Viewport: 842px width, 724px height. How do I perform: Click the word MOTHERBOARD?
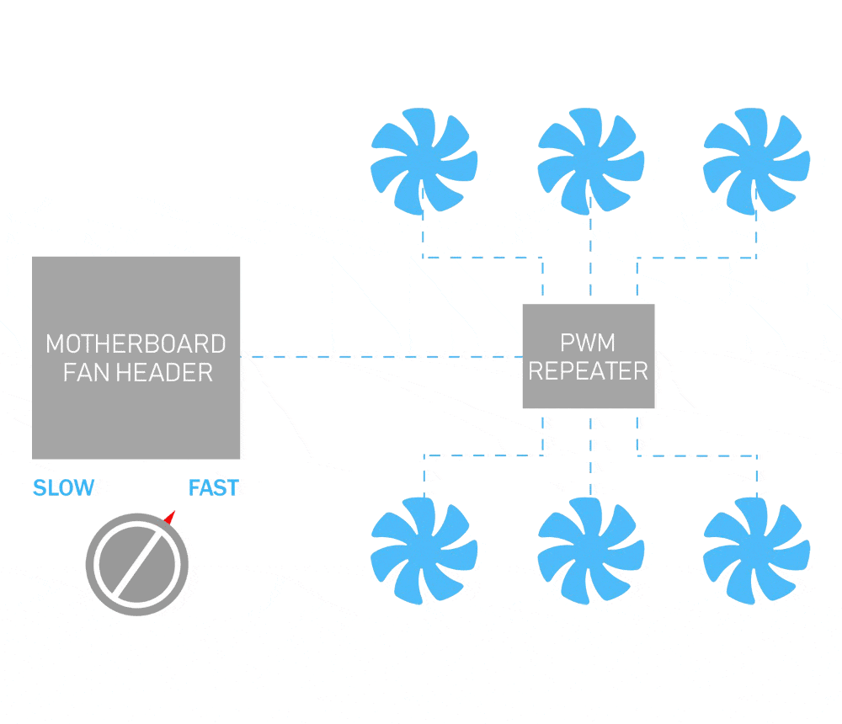coord(136,343)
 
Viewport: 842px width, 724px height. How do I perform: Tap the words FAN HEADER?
coord(138,373)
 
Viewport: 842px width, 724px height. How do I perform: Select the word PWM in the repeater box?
coord(588,343)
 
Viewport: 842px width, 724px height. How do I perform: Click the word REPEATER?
coord(589,371)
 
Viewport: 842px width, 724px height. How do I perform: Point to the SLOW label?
coord(63,487)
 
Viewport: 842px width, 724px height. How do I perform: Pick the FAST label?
coord(214,487)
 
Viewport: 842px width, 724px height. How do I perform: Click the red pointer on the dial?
coord(170,517)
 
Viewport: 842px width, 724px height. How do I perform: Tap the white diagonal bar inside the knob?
coord(137,564)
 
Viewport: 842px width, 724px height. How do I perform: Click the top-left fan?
coord(424,161)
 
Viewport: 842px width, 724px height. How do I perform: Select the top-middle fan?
coord(591,161)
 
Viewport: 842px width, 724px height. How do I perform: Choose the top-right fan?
coord(756,161)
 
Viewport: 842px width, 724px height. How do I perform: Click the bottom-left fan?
coord(424,551)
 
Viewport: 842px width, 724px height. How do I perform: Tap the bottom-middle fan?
coord(591,551)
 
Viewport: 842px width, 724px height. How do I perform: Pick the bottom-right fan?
coord(756,551)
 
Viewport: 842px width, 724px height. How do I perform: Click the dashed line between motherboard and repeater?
coord(381,357)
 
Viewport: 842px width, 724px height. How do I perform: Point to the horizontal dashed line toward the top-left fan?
coord(482,258)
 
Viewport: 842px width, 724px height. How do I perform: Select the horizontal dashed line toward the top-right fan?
coord(696,258)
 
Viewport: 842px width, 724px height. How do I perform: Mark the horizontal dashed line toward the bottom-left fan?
coord(483,455)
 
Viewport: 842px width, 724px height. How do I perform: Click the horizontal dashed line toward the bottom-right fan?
coord(697,456)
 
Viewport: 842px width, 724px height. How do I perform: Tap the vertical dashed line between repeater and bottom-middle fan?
coord(591,456)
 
